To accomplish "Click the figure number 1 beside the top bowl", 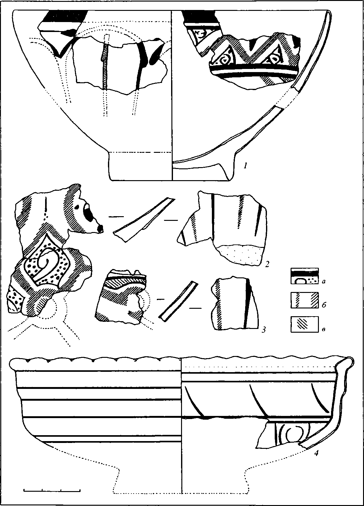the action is pyautogui.click(x=245, y=166).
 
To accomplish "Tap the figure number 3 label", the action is pyautogui.click(x=263, y=330).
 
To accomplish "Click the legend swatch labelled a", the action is pyautogui.click(x=305, y=276).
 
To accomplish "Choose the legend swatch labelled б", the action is pyautogui.click(x=305, y=300).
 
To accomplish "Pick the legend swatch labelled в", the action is pyautogui.click(x=305, y=324).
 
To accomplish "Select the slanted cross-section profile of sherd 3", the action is pyautogui.click(x=179, y=301).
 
